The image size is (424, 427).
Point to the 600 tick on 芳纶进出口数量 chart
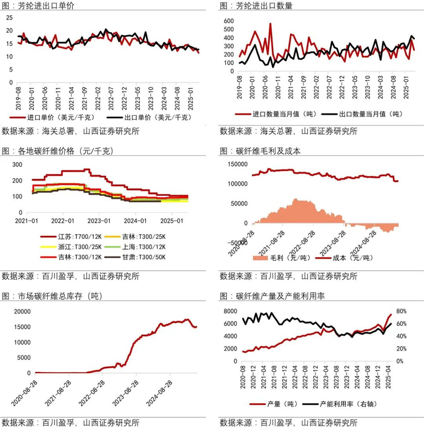(229, 21)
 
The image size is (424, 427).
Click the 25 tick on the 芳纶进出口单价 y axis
(9, 16)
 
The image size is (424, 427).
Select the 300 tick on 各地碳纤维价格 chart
(16, 164)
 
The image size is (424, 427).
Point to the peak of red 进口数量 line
(270, 24)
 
